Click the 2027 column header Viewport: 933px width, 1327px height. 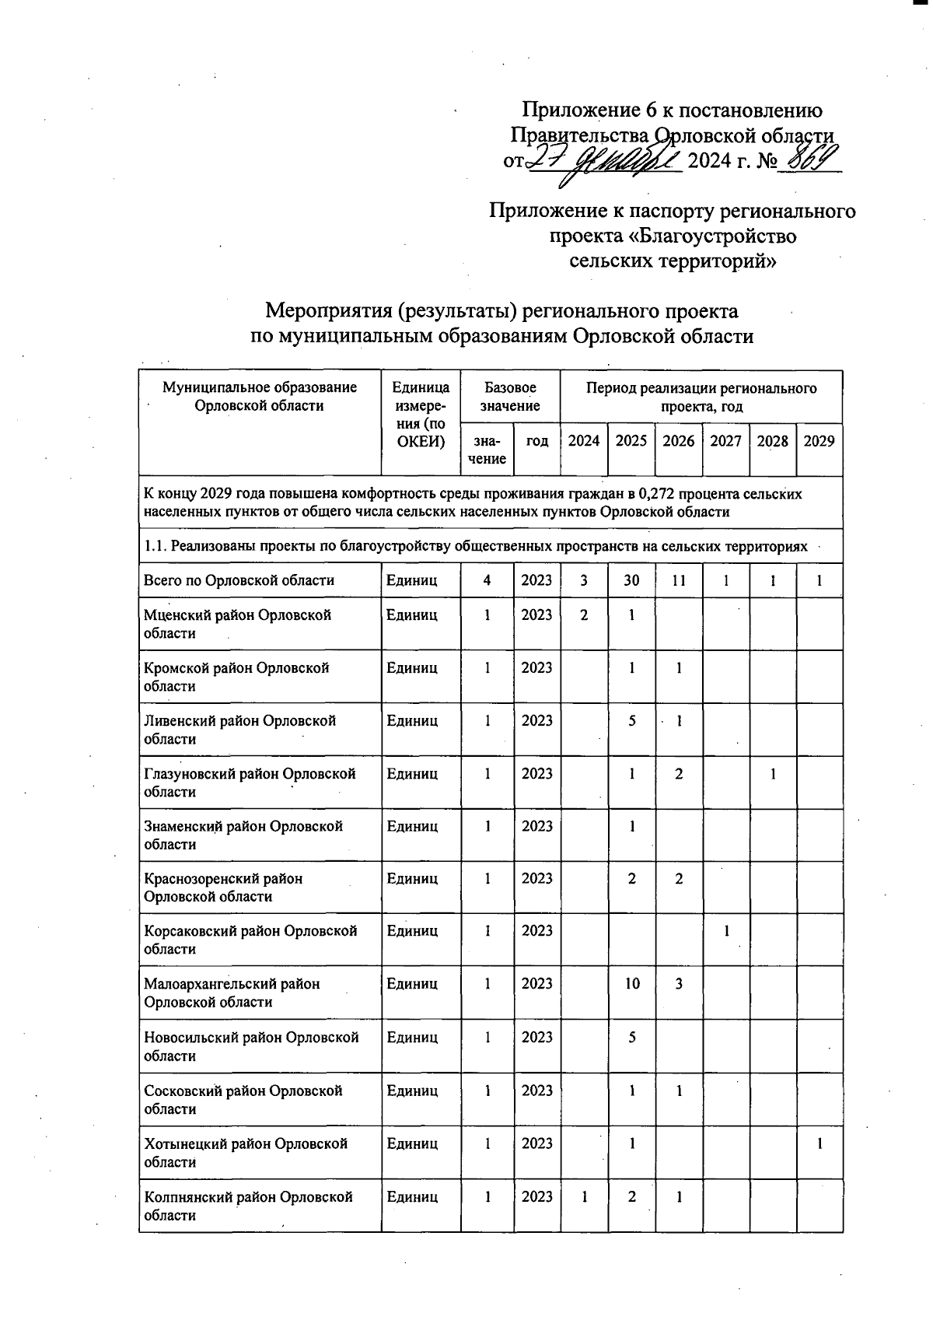[x=725, y=441]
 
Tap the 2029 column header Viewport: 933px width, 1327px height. [x=819, y=441]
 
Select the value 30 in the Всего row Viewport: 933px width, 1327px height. [x=631, y=580]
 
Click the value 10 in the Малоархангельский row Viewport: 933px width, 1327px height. [x=631, y=984]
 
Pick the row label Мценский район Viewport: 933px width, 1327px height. [x=237, y=624]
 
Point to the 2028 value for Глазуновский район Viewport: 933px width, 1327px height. [x=772, y=774]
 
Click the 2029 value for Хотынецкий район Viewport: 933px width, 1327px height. [x=819, y=1143]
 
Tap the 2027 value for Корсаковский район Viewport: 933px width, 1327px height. [x=726, y=931]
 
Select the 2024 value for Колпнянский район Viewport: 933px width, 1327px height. [x=584, y=1197]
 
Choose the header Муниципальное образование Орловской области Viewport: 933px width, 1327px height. [x=260, y=396]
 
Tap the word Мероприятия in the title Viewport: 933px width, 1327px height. [x=327, y=311]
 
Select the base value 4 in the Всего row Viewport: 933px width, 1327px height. [x=487, y=580]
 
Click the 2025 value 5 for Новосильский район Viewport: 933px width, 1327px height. [x=631, y=1037]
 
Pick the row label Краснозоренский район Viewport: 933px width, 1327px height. [x=224, y=888]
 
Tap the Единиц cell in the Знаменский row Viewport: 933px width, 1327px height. [x=412, y=826]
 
